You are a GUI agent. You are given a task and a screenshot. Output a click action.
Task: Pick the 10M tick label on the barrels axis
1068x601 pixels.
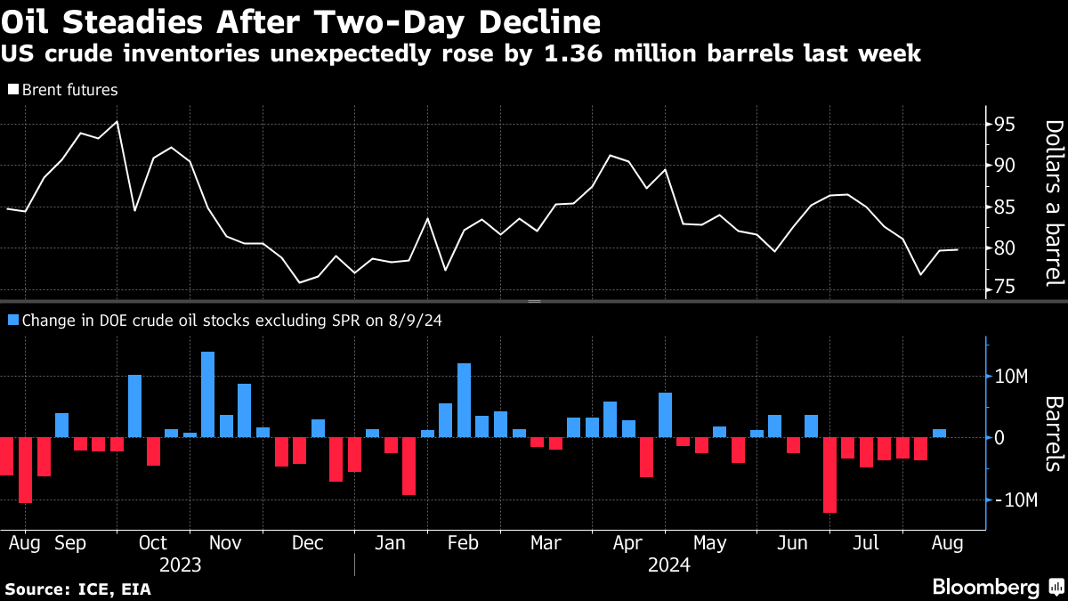[1013, 377]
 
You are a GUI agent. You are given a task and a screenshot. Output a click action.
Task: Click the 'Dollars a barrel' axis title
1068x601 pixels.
[1052, 203]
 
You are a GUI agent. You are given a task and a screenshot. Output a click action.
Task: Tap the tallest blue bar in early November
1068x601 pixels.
[207, 394]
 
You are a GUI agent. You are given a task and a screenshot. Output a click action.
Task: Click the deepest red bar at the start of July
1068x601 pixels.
[829, 475]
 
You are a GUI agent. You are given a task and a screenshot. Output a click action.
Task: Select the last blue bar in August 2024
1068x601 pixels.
[939, 434]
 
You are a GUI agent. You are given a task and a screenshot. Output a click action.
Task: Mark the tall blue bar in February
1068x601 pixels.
[464, 400]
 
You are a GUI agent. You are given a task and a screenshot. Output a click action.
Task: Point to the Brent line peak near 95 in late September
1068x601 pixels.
[117, 122]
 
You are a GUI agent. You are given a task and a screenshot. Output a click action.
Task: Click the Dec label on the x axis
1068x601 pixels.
[307, 542]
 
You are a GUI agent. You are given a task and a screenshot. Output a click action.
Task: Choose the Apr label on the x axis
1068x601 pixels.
[629, 542]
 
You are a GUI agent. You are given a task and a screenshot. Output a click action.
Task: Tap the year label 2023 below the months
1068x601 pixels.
[181, 565]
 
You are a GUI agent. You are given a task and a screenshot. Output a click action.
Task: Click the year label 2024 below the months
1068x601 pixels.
[669, 565]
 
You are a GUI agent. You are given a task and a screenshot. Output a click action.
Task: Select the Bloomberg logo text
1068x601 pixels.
[985, 588]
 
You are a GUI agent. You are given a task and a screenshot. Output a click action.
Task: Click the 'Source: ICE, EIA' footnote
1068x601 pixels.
[78, 589]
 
